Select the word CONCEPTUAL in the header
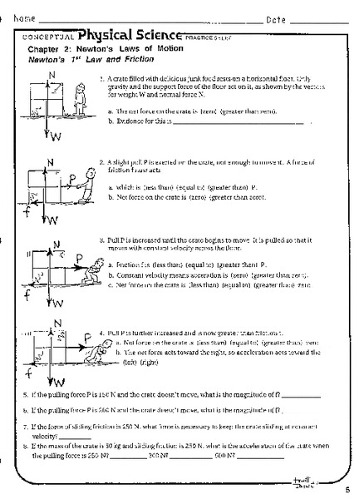[x=51, y=37]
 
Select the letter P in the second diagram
[x=73, y=176]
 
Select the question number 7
[x=27, y=425]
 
